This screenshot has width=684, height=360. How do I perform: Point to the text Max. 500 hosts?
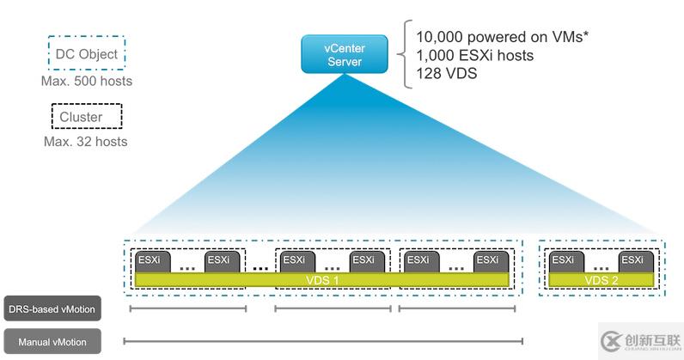(x=86, y=82)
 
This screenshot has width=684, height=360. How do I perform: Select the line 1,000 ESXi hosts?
(x=474, y=55)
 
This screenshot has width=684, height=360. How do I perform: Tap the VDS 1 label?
(x=322, y=280)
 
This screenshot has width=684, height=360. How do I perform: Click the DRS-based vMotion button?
(x=51, y=308)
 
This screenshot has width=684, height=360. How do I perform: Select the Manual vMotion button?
(x=51, y=341)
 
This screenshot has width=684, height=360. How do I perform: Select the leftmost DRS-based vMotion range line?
(x=188, y=308)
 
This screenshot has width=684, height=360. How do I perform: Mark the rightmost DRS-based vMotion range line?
(x=458, y=308)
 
